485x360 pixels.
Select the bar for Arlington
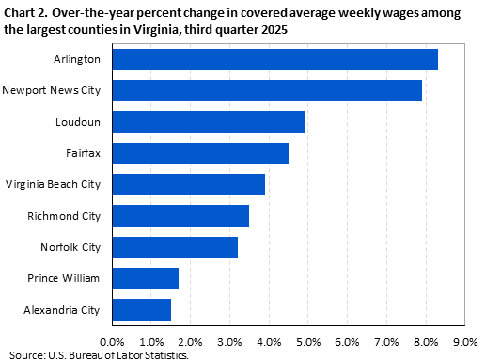(274, 59)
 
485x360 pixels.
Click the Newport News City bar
(267, 90)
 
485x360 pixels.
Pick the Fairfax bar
(200, 153)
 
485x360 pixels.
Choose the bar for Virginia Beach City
(188, 184)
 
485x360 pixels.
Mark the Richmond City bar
(180, 215)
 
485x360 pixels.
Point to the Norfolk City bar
(175, 247)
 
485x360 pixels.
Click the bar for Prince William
(145, 278)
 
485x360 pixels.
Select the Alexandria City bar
(141, 309)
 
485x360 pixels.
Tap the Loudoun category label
(83, 122)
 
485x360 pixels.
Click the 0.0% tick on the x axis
(112, 340)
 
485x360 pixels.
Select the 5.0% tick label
(308, 340)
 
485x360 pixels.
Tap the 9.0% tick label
(465, 340)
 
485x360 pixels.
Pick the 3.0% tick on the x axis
(229, 340)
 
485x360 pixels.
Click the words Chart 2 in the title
(25, 10)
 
